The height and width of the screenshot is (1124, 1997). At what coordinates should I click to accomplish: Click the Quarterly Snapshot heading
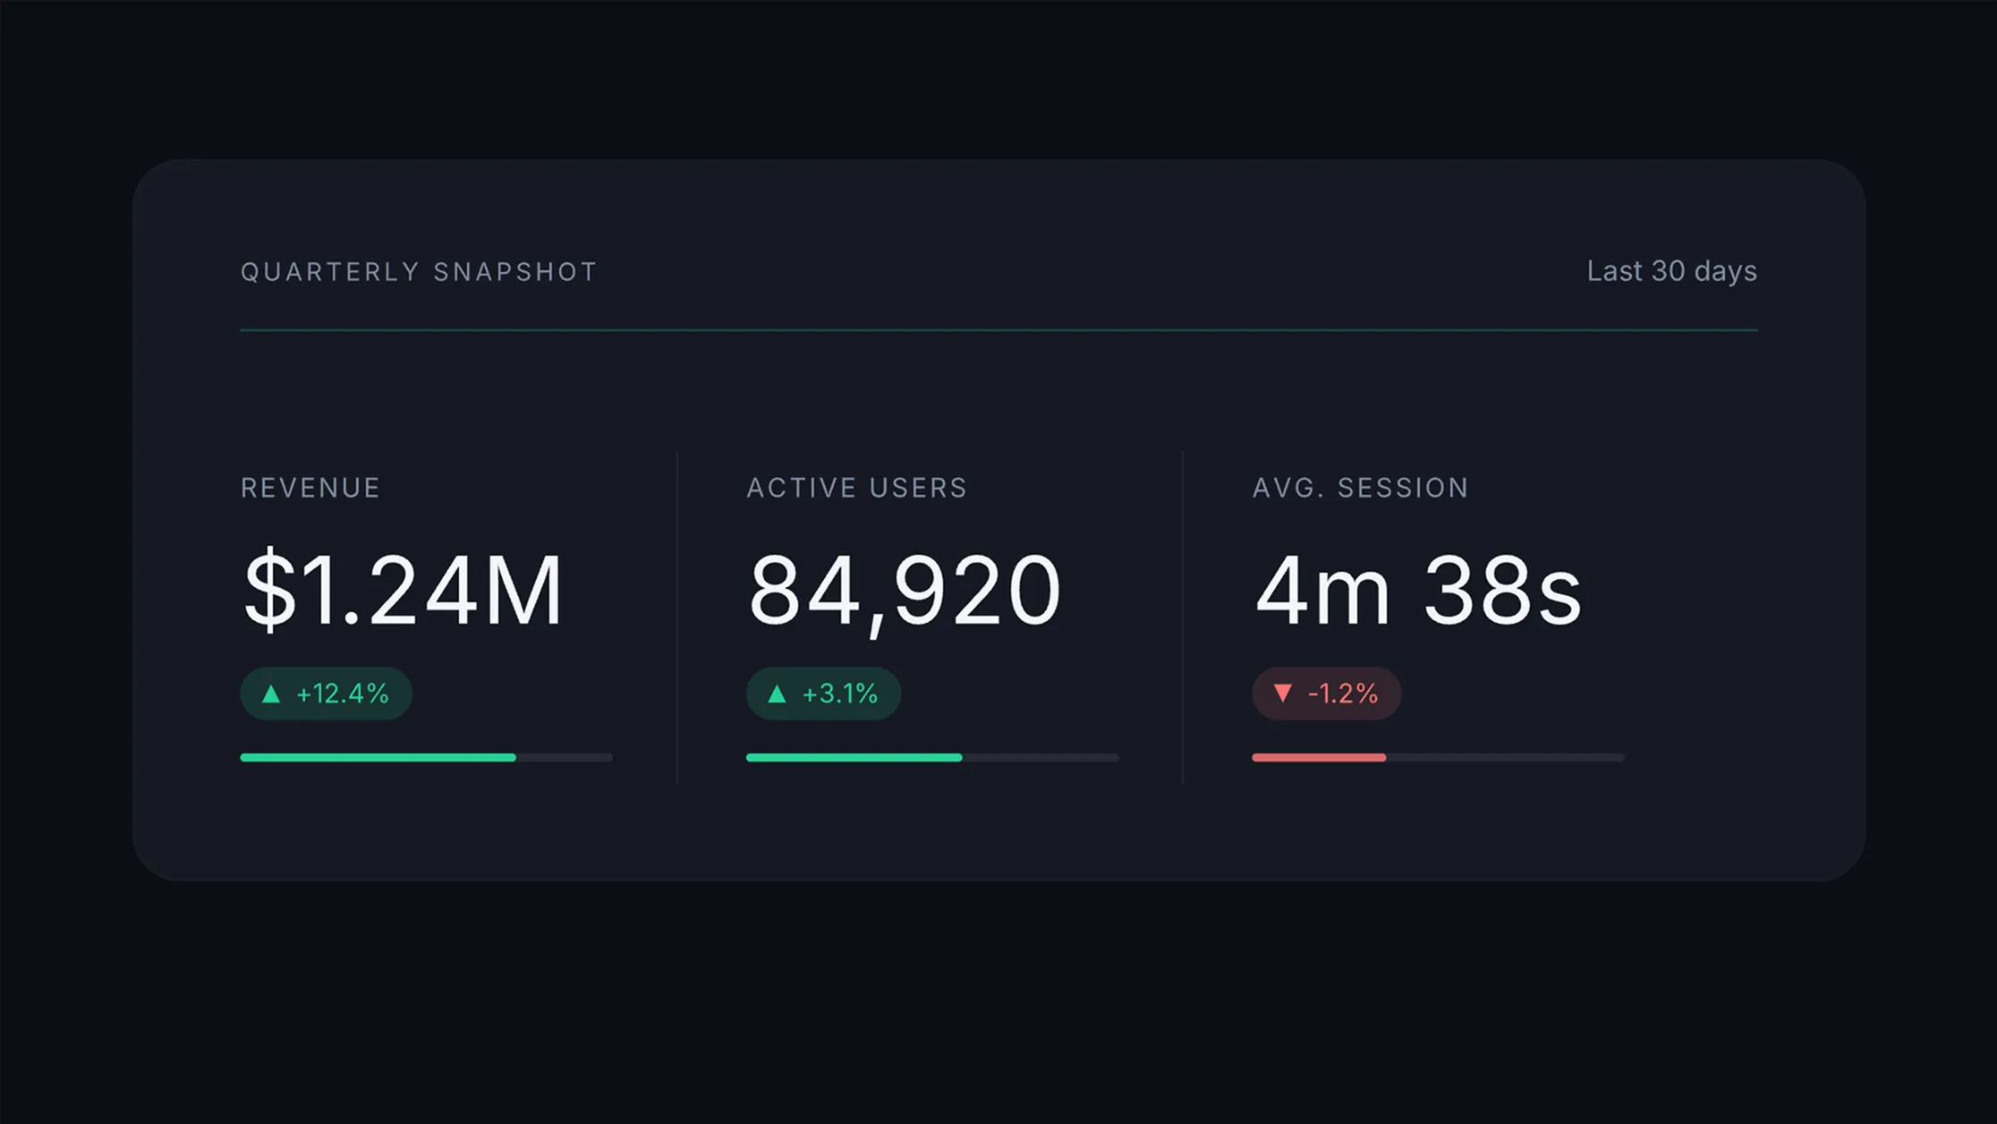pyautogui.click(x=419, y=272)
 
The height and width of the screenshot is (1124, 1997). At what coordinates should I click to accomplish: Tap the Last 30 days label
pyautogui.click(x=1671, y=271)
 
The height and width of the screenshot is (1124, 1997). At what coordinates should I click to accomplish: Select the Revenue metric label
pyautogui.click(x=310, y=488)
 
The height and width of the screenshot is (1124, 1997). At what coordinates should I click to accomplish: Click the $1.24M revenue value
pyautogui.click(x=403, y=591)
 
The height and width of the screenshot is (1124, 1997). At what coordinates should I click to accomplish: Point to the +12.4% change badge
pyautogui.click(x=326, y=694)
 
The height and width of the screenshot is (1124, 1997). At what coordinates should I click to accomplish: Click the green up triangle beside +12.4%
pyautogui.click(x=271, y=694)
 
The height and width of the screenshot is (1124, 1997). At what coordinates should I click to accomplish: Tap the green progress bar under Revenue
pyautogui.click(x=378, y=758)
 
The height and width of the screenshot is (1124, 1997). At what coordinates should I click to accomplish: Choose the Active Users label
pyautogui.click(x=857, y=488)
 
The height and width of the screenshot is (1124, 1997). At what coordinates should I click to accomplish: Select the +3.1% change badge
pyautogui.click(x=823, y=694)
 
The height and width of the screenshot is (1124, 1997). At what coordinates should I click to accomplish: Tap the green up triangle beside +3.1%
pyautogui.click(x=777, y=694)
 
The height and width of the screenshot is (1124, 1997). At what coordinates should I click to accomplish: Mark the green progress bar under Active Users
pyautogui.click(x=854, y=758)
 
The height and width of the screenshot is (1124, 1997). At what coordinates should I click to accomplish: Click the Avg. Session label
pyautogui.click(x=1360, y=488)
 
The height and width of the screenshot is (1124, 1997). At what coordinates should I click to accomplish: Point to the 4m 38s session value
pyautogui.click(x=1419, y=590)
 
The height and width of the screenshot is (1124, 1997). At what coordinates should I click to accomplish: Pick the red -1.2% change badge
pyautogui.click(x=1327, y=694)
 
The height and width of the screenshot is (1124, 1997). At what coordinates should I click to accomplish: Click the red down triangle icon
pyautogui.click(x=1283, y=693)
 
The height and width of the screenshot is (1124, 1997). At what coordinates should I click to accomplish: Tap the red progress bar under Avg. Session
pyautogui.click(x=1319, y=758)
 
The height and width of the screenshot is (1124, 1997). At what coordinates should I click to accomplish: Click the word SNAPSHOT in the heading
pyautogui.click(x=514, y=272)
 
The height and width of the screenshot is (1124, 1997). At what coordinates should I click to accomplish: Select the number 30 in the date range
pyautogui.click(x=1669, y=271)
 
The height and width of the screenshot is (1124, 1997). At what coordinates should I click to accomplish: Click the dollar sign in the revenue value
pyautogui.click(x=269, y=591)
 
